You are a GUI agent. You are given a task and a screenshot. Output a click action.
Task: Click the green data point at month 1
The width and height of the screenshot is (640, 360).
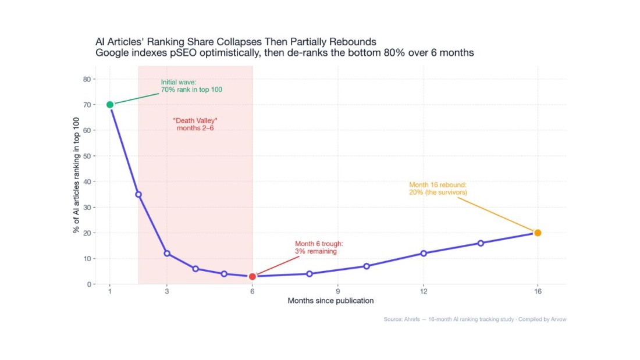point(110,105)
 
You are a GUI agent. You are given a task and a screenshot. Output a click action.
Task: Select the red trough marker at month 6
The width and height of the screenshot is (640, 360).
point(252,277)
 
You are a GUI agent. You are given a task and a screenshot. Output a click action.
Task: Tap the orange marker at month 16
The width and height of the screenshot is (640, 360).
point(538,233)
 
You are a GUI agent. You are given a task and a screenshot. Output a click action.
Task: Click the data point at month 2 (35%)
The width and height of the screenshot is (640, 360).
point(138,194)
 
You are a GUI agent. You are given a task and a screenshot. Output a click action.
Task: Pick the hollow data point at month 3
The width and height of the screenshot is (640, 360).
point(167,254)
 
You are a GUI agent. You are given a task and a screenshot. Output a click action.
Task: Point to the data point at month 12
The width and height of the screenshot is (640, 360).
point(424,253)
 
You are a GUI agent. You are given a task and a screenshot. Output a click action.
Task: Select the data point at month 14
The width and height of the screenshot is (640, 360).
point(481,243)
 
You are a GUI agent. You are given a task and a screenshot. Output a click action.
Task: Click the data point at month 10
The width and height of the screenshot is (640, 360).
point(367,266)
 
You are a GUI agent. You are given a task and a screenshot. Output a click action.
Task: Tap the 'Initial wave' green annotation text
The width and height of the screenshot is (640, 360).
point(191,86)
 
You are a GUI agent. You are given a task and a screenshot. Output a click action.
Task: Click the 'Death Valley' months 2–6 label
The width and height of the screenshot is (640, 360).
point(195,124)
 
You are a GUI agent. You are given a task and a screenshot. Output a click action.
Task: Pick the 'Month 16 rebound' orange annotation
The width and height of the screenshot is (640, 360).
point(438,188)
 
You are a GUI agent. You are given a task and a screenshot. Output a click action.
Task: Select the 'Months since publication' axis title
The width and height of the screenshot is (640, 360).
point(330,301)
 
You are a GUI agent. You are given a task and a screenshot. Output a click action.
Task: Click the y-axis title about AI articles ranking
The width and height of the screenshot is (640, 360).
point(76,181)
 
